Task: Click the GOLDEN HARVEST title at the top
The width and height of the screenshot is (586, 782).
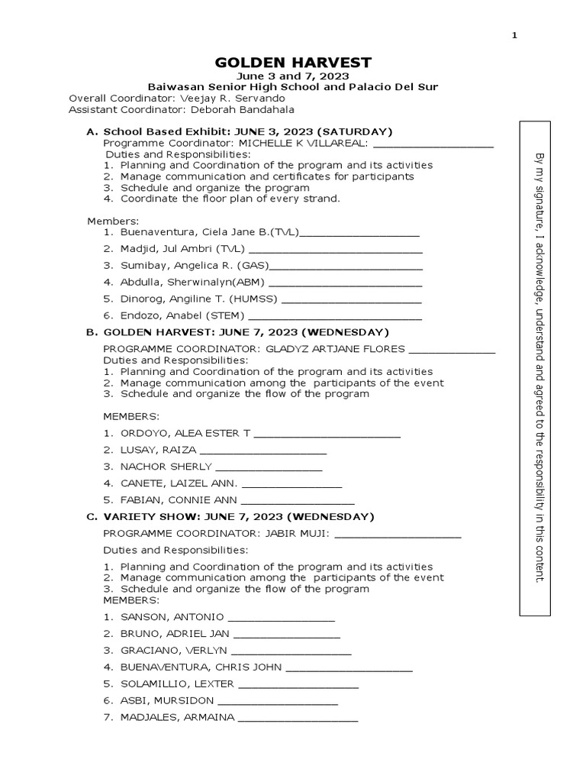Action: (x=292, y=62)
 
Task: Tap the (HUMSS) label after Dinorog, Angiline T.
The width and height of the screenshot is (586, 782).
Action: (x=253, y=299)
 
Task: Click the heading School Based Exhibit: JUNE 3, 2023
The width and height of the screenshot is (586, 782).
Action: (x=248, y=131)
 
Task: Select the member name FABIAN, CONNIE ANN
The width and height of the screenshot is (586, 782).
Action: (x=179, y=501)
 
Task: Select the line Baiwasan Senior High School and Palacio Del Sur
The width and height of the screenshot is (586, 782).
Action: (x=292, y=87)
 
